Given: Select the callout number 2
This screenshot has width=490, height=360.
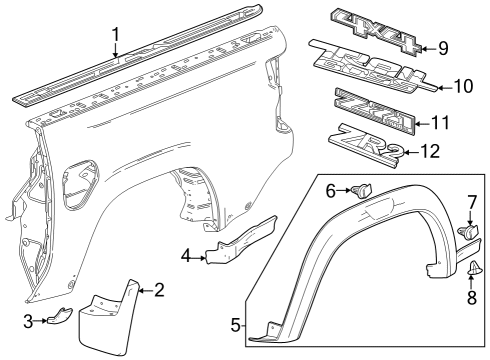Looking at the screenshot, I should pyautogui.click(x=158, y=290).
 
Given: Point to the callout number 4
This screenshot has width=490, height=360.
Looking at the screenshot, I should pyautogui.click(x=185, y=255).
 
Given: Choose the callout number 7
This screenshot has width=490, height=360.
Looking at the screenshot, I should pyautogui.click(x=471, y=203).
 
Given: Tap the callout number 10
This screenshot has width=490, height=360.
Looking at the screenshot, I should pyautogui.click(x=462, y=86).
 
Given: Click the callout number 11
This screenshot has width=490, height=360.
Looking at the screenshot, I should pyautogui.click(x=441, y=123).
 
